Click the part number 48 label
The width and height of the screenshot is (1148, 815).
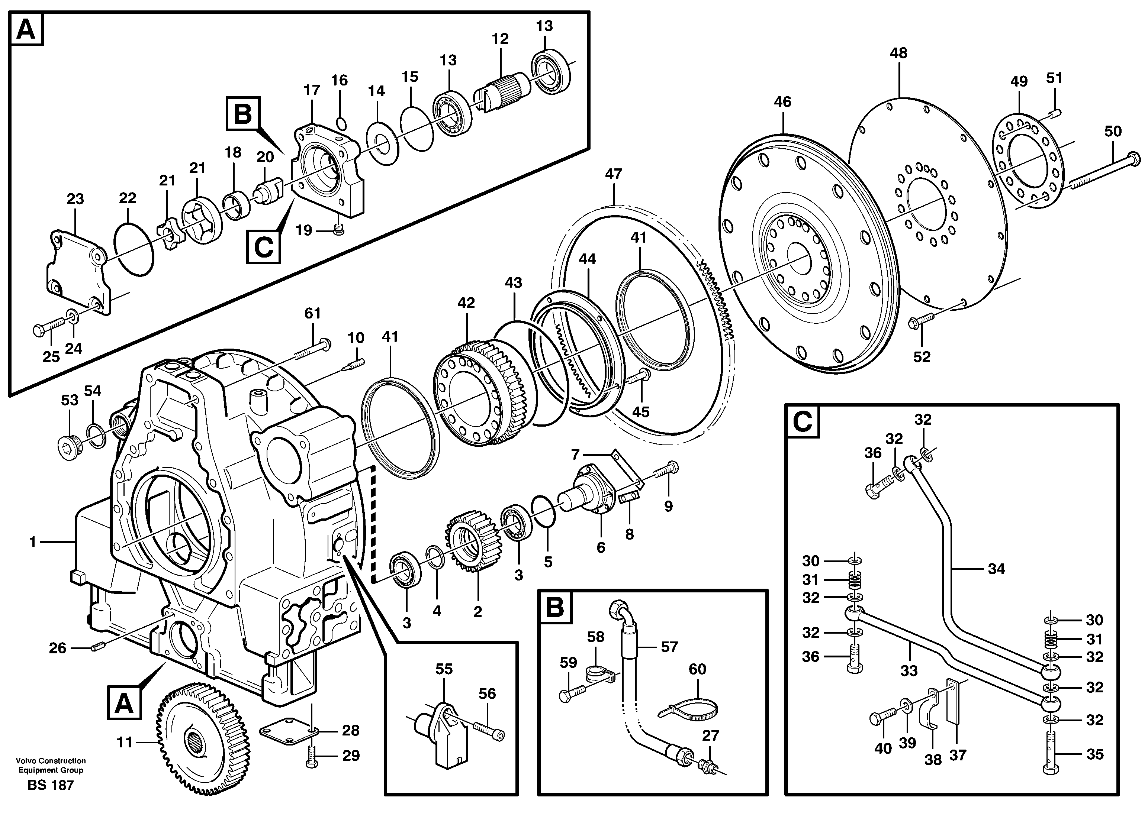(898, 53)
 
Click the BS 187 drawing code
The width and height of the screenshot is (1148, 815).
(51, 785)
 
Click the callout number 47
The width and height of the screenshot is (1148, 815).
(613, 174)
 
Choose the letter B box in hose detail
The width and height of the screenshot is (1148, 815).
(554, 608)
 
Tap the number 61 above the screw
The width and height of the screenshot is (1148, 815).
(312, 314)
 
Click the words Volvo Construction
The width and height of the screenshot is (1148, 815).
(51, 761)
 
